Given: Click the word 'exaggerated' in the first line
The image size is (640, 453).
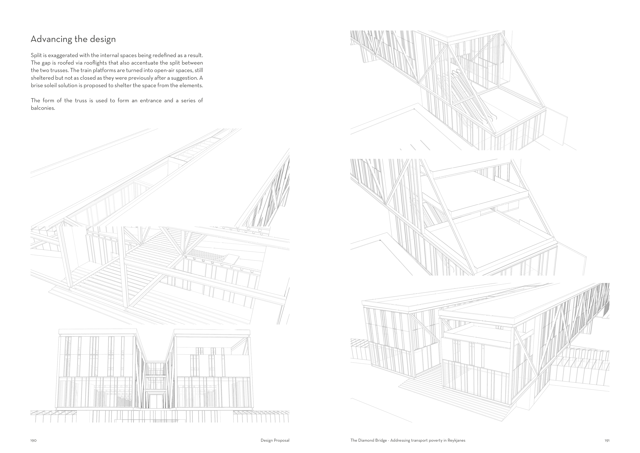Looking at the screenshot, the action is point(61,55).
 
